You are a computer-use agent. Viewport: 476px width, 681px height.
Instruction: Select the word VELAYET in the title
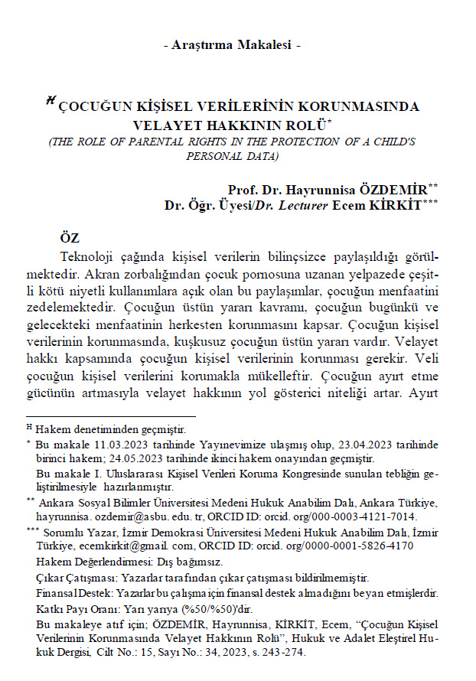[165, 124]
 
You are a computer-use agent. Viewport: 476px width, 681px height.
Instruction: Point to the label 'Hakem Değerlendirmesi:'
[86, 561]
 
